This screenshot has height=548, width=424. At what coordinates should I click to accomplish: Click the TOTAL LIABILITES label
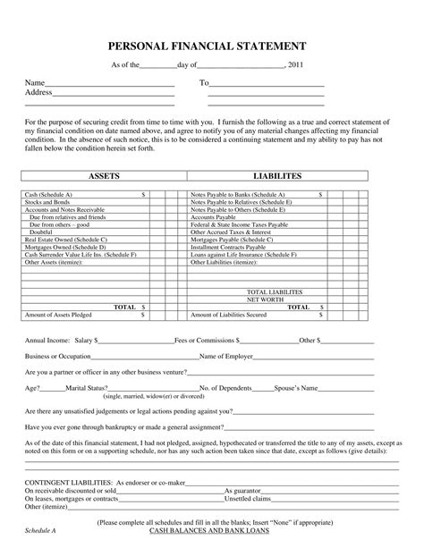pyautogui.click(x=274, y=291)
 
